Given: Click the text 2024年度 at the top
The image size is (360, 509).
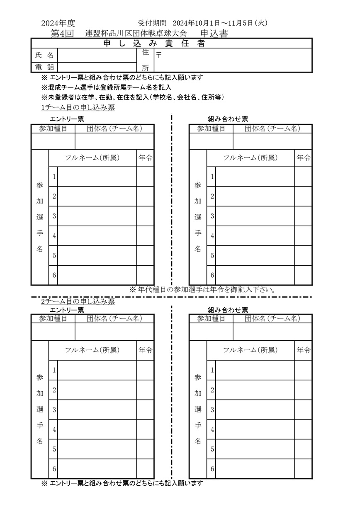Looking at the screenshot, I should [x=58, y=23].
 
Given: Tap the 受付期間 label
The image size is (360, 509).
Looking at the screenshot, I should [x=152, y=23].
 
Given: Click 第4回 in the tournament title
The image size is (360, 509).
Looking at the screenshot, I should [x=62, y=34].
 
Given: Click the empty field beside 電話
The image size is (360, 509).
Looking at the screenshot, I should [x=97, y=67].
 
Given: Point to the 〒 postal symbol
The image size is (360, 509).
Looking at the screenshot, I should [x=159, y=55].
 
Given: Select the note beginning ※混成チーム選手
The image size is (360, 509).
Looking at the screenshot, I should [x=106, y=87].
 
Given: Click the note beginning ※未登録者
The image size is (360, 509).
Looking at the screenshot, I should [x=133, y=97].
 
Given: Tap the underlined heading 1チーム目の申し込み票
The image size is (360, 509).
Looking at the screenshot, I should [x=78, y=108].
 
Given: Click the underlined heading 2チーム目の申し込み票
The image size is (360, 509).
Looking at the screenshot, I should [x=78, y=301].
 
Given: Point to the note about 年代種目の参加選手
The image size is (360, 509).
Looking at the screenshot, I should [x=203, y=289].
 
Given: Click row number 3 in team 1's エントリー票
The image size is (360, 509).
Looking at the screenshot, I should [x=54, y=216].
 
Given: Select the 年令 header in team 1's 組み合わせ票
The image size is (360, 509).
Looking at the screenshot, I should [x=304, y=158].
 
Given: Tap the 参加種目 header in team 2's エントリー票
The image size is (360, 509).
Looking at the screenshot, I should [x=53, y=318].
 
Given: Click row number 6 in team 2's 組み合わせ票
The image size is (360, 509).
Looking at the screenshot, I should [x=212, y=469].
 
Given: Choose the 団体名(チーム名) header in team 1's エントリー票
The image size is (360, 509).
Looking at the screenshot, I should [x=114, y=128].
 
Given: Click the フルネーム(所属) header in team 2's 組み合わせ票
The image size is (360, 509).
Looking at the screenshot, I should [x=251, y=350].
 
